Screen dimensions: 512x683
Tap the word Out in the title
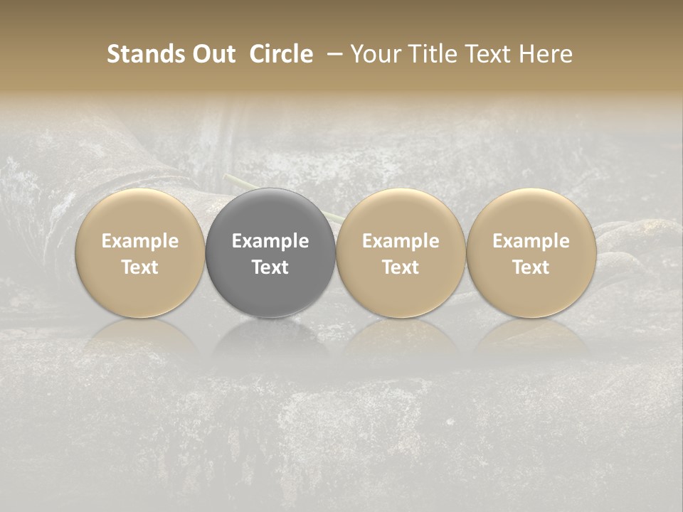(x=213, y=54)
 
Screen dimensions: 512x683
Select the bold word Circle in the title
(x=281, y=54)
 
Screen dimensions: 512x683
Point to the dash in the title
(x=332, y=54)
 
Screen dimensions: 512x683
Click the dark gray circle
(x=270, y=213)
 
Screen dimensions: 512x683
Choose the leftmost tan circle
(x=140, y=213)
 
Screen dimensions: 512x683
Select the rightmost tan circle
(x=531, y=213)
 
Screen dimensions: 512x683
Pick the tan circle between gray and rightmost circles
(x=401, y=213)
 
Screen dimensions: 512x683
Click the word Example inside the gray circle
(x=270, y=241)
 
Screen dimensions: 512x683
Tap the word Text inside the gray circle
(x=270, y=267)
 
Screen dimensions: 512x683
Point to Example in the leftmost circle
(x=140, y=241)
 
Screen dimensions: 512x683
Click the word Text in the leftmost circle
(x=140, y=267)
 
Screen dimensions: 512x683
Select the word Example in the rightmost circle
(x=531, y=241)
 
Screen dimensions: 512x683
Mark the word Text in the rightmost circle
(x=531, y=267)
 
